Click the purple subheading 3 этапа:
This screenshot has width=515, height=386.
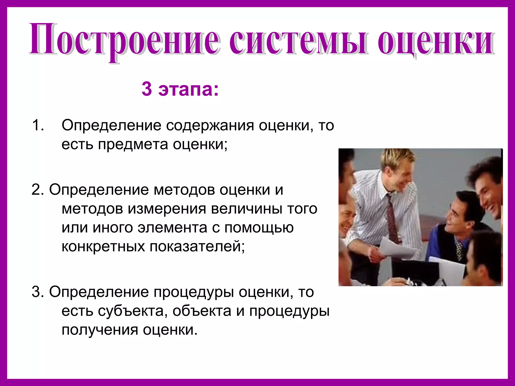pos(180,89)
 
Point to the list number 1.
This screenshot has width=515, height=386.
pos(38,125)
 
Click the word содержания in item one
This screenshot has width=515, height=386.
pos(210,125)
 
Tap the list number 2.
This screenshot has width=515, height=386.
pos(38,189)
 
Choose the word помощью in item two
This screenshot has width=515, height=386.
pos(259,227)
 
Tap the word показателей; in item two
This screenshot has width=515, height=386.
pos(197,246)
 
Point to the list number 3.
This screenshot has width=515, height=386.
pos(38,292)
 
